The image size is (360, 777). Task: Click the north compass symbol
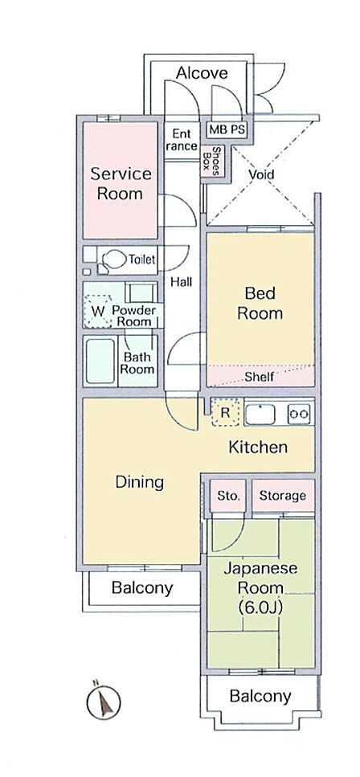pos(104,701)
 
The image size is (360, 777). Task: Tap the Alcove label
pos(202,73)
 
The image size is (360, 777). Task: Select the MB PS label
pos(227,130)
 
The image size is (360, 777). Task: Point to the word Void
pos(261,174)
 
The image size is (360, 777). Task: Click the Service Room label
pos(121,183)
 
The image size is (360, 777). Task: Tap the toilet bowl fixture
pos(112,260)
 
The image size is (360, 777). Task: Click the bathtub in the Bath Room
pos(100,362)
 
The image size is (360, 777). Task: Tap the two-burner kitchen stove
pos(299,413)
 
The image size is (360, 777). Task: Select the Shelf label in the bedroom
pos(260,377)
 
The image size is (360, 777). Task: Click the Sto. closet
pos(228,496)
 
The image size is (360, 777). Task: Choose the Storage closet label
pos(283,496)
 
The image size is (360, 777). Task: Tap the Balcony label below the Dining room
pos(142,588)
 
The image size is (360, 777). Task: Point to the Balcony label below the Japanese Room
pos(260,696)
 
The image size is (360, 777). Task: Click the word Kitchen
pos(258,447)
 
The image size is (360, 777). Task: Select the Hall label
pos(182,282)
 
